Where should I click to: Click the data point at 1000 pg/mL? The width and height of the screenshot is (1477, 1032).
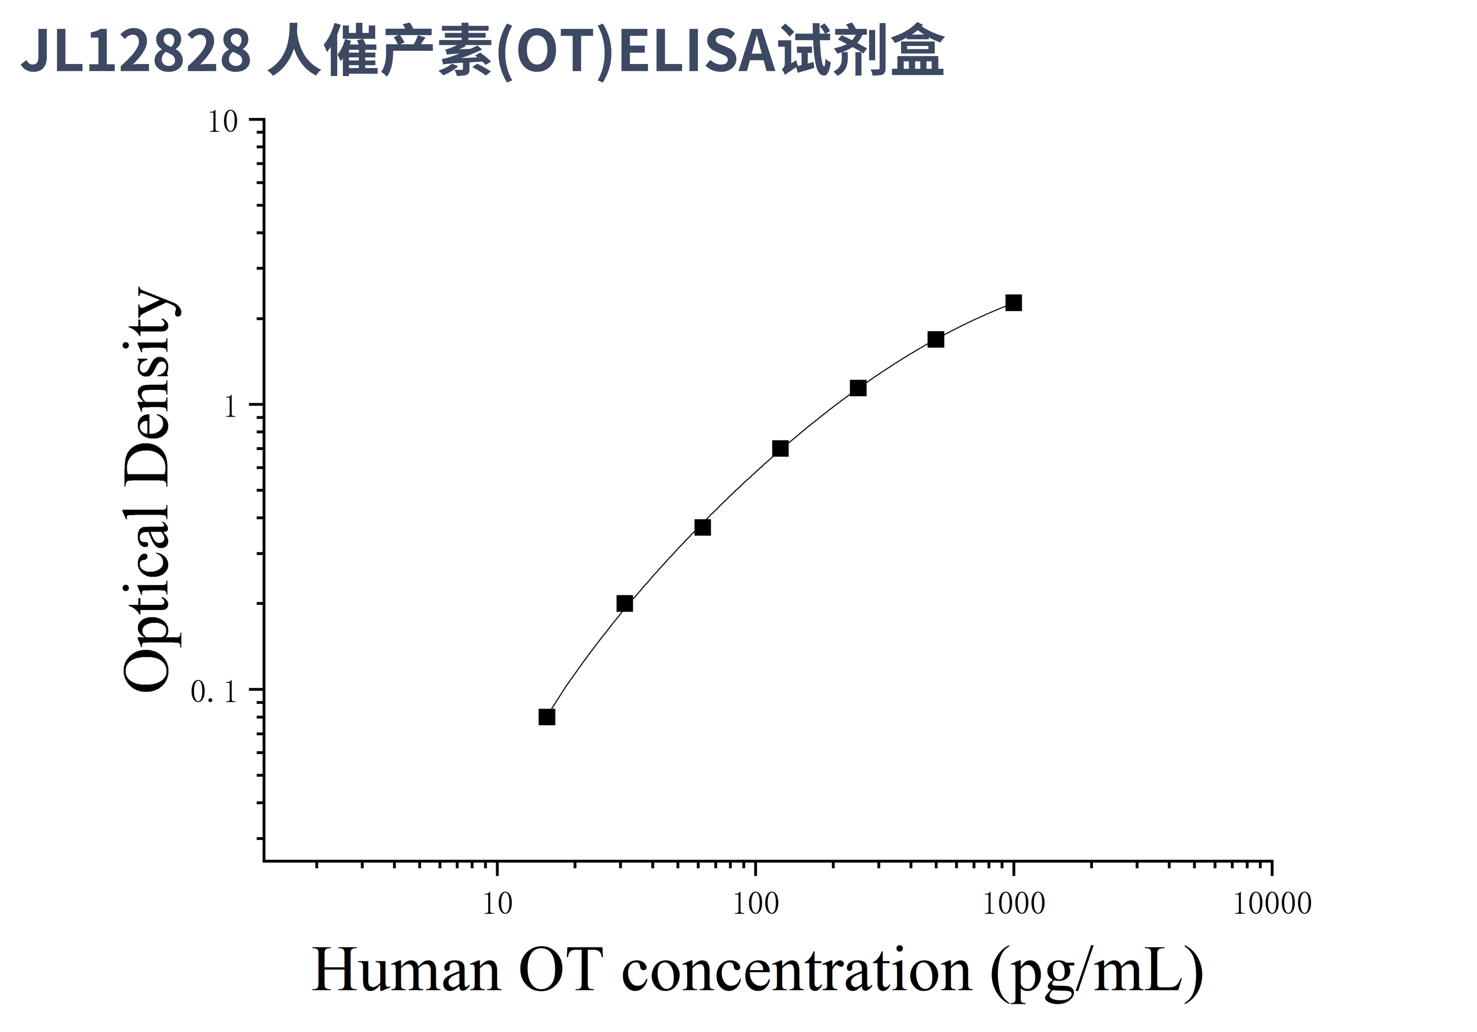[x=1013, y=303]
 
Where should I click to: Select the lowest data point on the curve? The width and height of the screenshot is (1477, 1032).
[x=547, y=717]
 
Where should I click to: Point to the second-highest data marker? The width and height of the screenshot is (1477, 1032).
[x=936, y=339]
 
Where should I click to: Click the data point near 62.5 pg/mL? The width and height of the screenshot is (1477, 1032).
[x=703, y=528]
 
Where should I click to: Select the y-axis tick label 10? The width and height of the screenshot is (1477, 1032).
[x=223, y=122]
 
